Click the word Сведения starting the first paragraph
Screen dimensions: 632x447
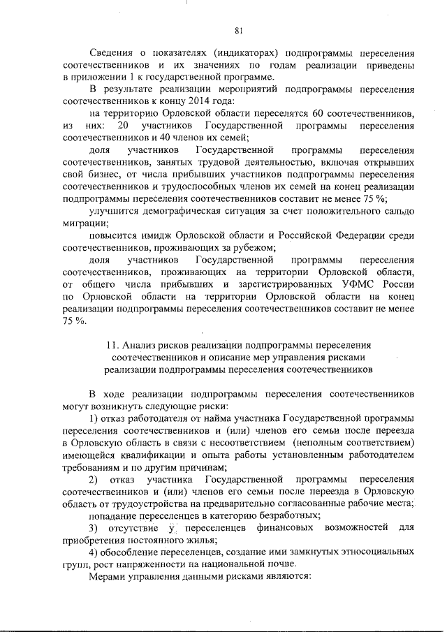point(114,52)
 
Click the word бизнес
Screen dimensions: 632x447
point(105,174)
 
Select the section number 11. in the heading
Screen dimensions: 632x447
point(112,345)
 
